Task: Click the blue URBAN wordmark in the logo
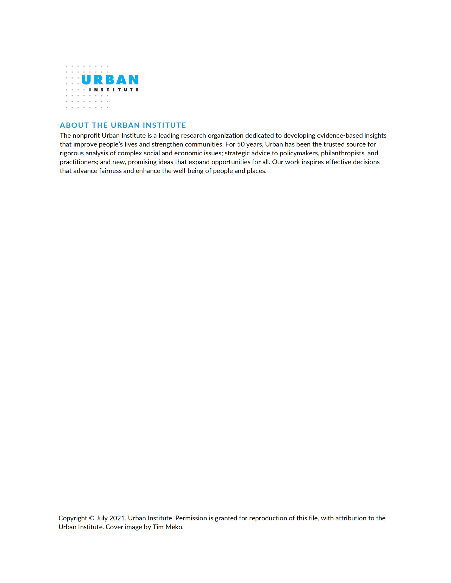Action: tap(110, 79)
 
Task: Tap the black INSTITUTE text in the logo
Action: tap(114, 90)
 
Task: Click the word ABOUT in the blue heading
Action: tap(74, 125)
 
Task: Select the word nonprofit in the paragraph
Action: tap(86, 136)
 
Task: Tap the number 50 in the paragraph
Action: tap(241, 144)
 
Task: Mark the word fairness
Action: tap(110, 171)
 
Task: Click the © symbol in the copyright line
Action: tap(92, 518)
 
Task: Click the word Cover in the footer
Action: tap(114, 527)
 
